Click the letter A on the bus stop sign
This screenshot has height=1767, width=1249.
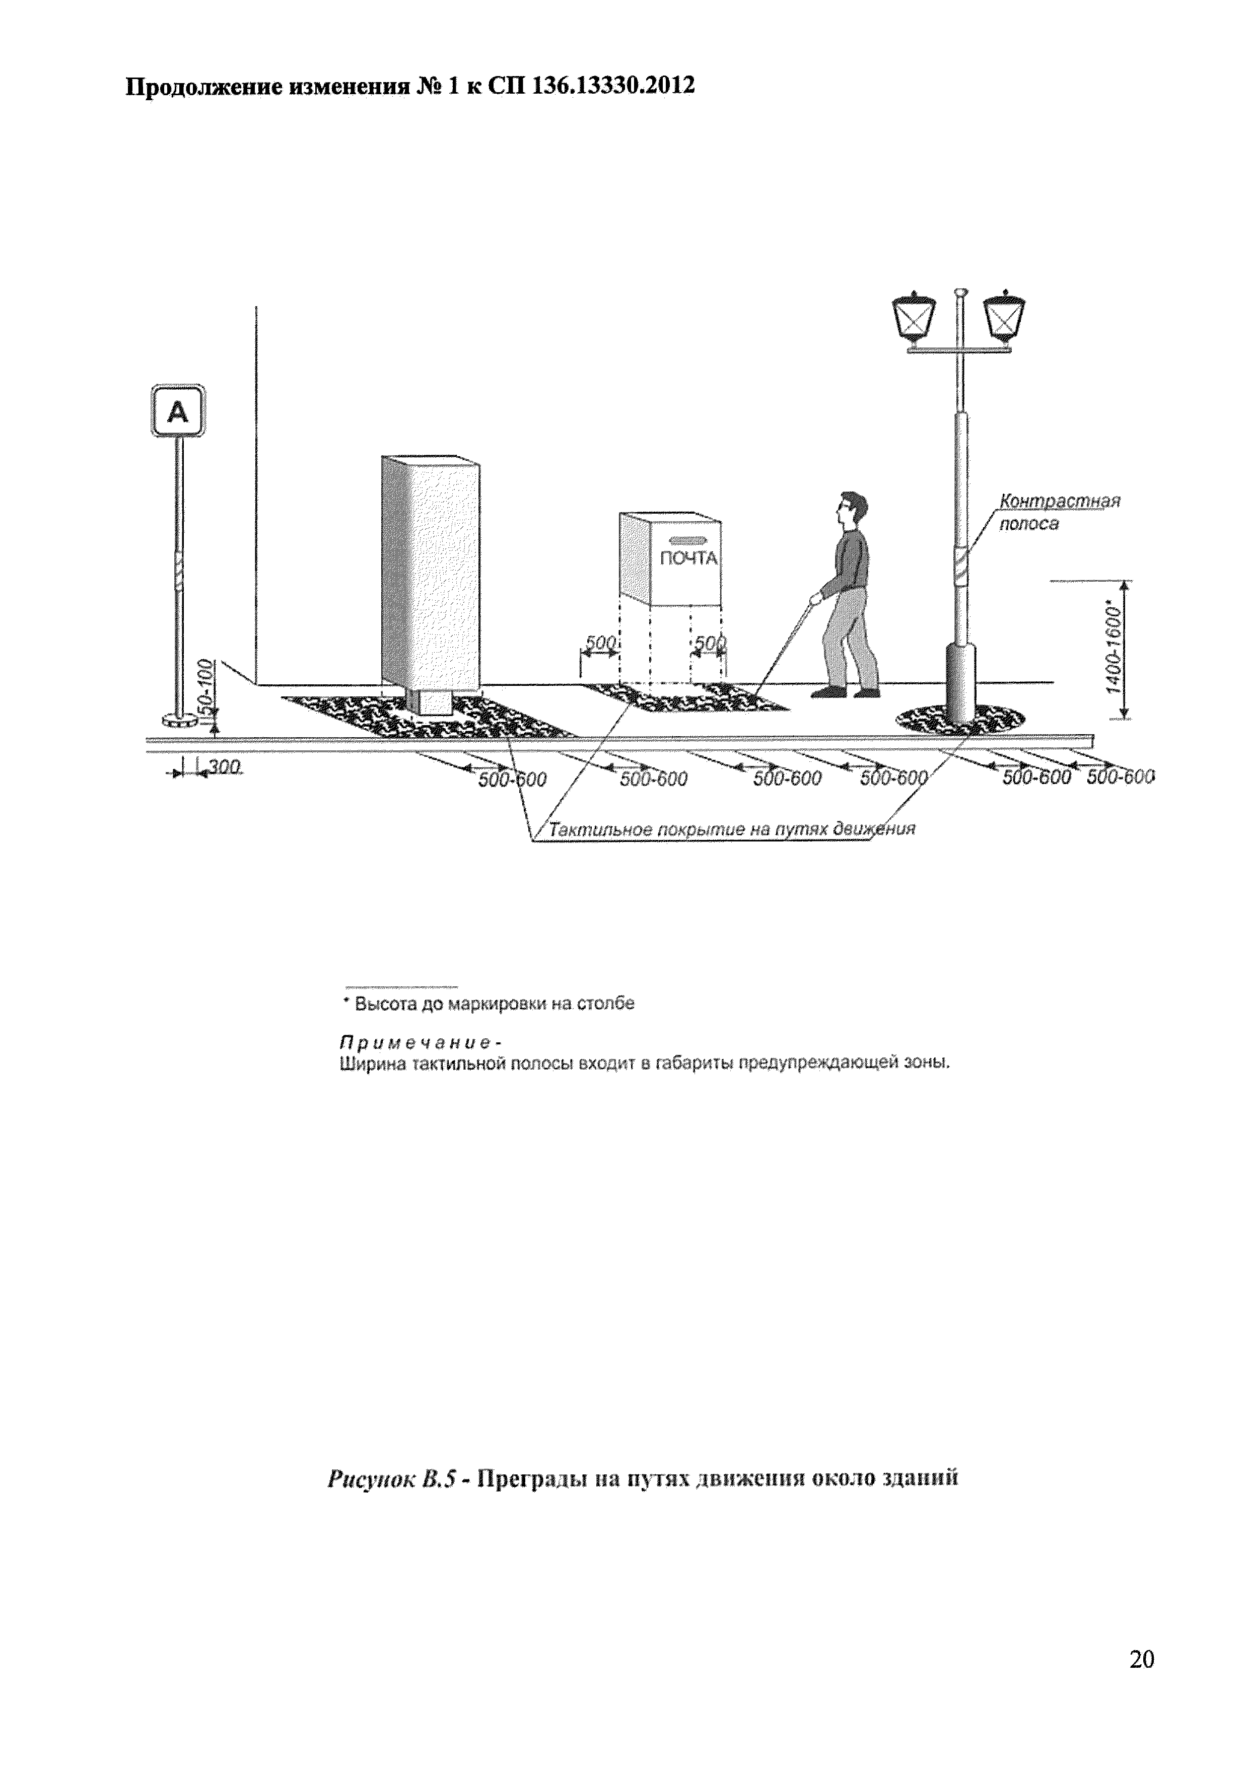pos(178,413)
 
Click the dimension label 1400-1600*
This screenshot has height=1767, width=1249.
pos(1113,647)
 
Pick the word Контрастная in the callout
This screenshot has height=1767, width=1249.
pos(1059,501)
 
